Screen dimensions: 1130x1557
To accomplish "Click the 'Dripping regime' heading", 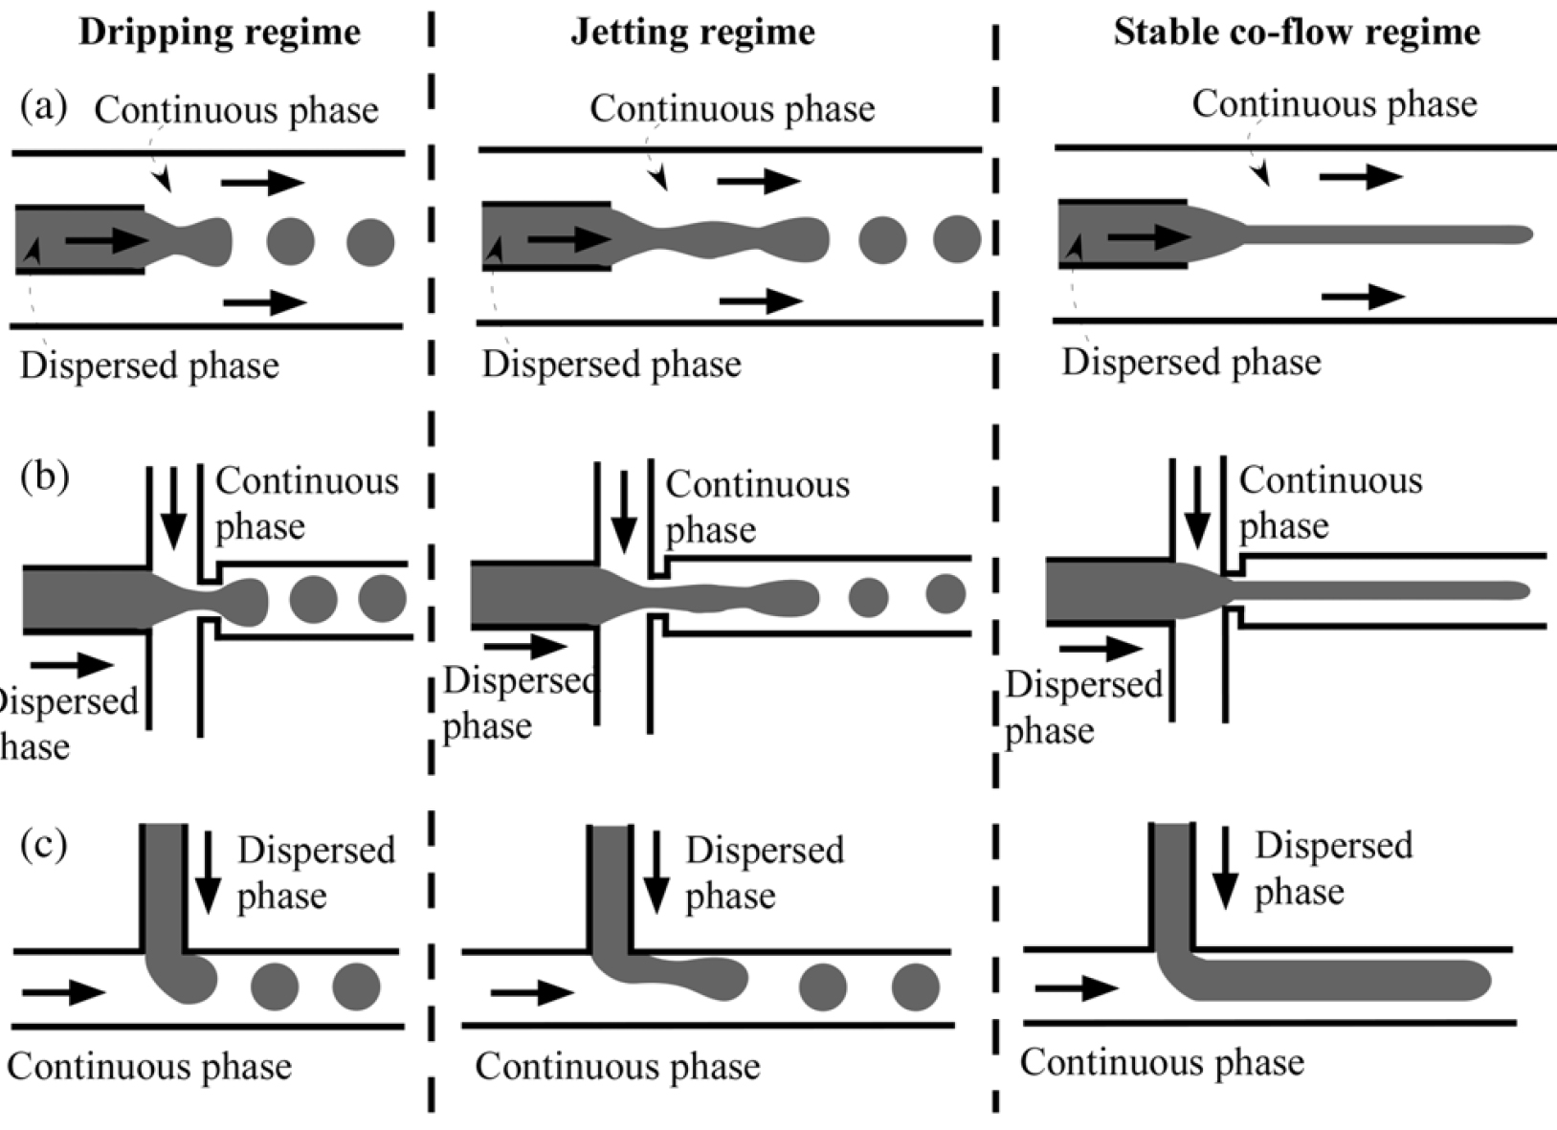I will (x=219, y=33).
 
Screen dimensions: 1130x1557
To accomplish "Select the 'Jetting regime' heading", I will (x=693, y=33).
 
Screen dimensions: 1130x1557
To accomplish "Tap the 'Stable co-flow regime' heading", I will (x=1297, y=33).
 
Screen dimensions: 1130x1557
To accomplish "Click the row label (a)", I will (x=44, y=106).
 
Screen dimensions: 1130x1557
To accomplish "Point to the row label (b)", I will (x=44, y=476).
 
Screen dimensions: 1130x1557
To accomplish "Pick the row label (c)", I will (x=44, y=846).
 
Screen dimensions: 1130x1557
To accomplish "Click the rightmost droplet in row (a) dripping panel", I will (x=370, y=241).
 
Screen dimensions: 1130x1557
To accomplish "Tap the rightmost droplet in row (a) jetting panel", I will (x=957, y=239).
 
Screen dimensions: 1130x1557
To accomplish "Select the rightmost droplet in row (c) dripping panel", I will (x=357, y=986).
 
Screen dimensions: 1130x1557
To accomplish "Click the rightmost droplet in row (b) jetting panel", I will (x=945, y=593).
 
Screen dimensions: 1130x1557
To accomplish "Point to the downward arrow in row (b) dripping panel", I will (x=173, y=507).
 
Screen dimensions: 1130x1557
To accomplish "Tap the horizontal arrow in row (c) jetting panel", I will (x=531, y=992).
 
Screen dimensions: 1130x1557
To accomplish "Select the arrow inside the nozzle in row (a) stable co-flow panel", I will (x=1148, y=235).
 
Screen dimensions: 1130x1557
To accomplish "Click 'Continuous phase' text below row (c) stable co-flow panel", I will (x=1162, y=1062).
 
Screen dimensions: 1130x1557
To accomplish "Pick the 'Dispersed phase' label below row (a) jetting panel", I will (x=612, y=365).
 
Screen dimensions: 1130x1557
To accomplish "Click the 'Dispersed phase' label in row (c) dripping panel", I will (x=316, y=873).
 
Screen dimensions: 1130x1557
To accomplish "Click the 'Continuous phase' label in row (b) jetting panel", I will (x=757, y=506).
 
